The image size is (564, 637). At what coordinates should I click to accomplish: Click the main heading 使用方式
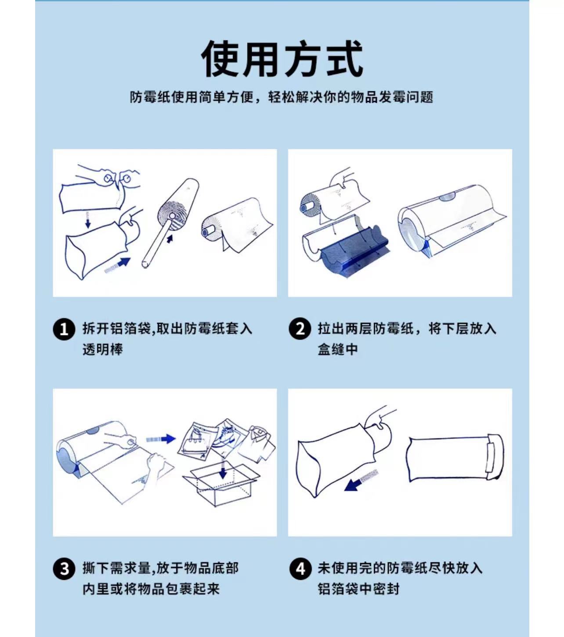pos(282,59)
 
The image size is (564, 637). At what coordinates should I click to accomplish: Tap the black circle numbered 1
pos(64,329)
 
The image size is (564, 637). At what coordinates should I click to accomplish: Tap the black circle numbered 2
pos(300,329)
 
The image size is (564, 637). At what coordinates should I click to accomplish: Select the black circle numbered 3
pos(64,569)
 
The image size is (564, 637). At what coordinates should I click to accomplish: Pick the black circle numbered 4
pos(300,569)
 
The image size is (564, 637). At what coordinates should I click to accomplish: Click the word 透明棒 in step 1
pos(103,350)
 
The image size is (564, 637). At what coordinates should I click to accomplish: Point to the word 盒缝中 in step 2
pos(338,350)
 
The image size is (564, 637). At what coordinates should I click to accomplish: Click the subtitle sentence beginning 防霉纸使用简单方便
pos(282,97)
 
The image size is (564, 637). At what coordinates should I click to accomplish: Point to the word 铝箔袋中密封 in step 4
pos(359,589)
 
